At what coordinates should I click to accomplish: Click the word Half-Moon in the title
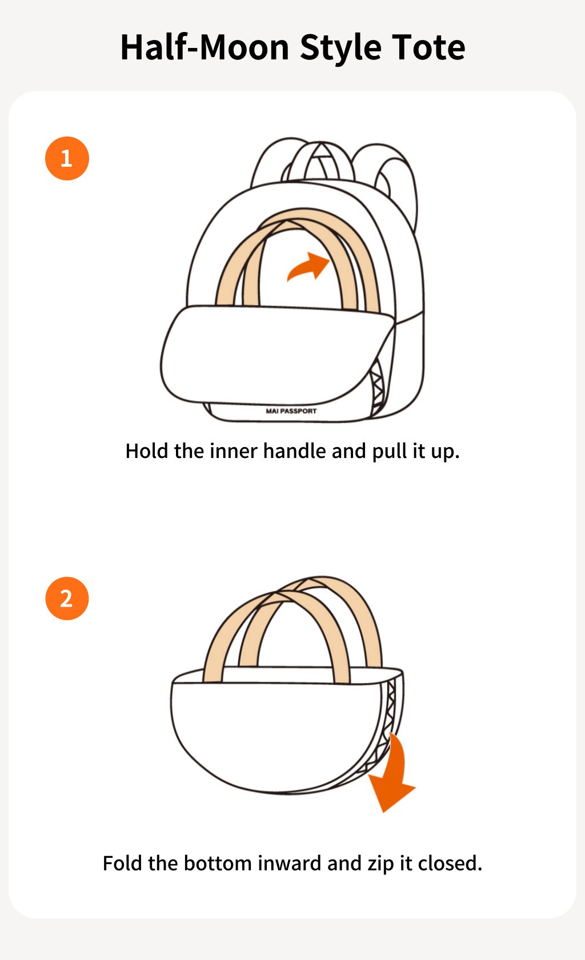pos(205,47)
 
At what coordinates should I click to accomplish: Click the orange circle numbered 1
pos(67,158)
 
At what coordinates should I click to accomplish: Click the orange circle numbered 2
pos(67,599)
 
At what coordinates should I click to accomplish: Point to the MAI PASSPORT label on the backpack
pos(291,411)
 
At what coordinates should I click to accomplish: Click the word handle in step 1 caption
pos(294,451)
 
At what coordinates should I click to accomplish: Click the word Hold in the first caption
pos(147,451)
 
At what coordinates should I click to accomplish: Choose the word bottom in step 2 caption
pos(218,863)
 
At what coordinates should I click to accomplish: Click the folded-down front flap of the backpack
pos(274,354)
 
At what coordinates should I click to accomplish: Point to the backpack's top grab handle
pos(320,160)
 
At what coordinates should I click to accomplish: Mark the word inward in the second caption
pos(289,863)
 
